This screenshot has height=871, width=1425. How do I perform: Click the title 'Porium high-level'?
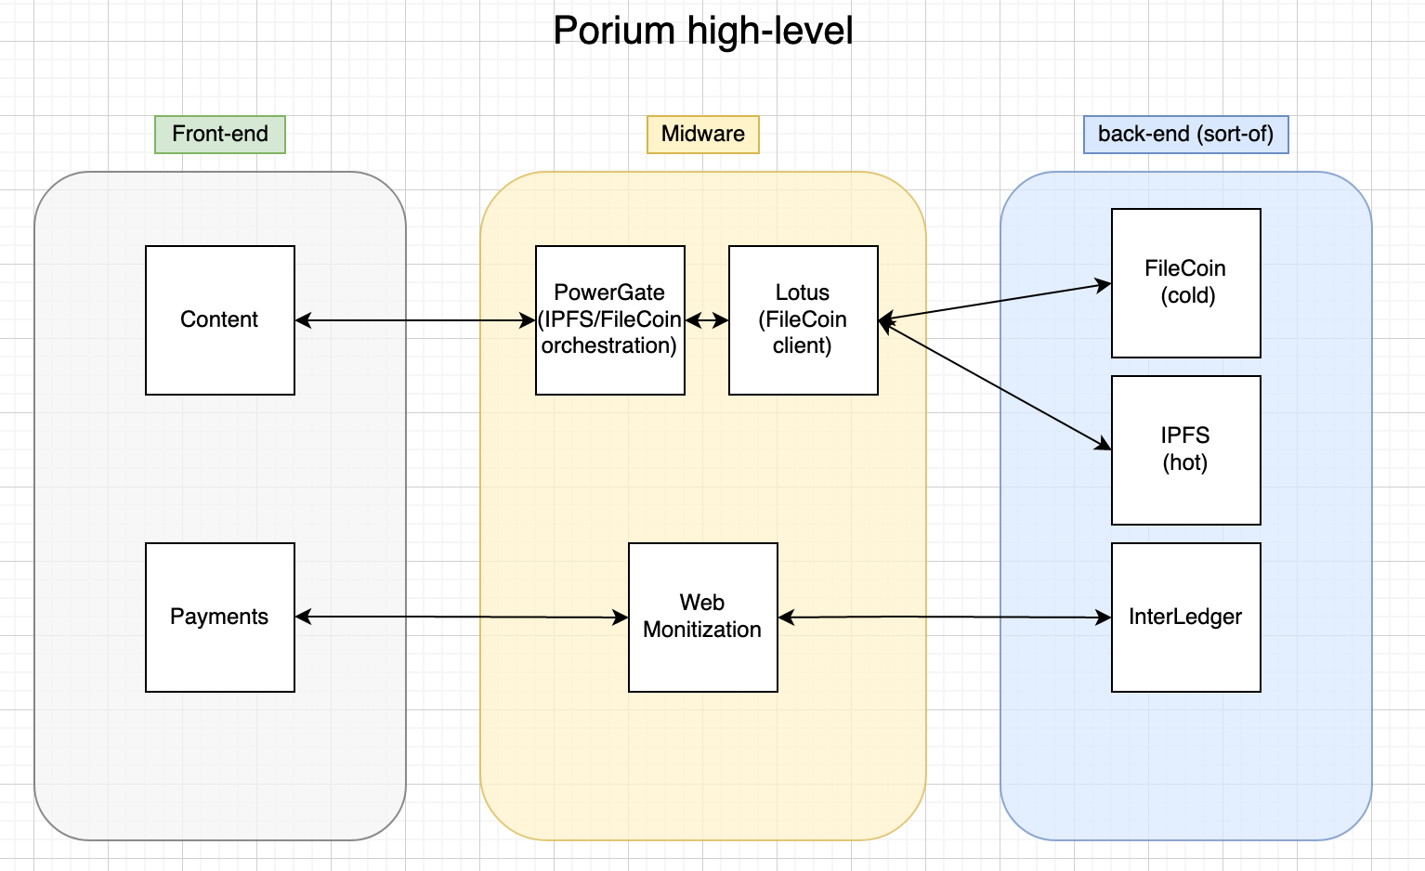(702, 31)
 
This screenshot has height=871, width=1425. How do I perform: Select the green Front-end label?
(220, 134)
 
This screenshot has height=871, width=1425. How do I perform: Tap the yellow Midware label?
(703, 134)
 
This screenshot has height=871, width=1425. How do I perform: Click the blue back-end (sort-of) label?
(1185, 134)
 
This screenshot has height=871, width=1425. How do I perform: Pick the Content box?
(220, 319)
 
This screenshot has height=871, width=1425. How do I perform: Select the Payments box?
(220, 617)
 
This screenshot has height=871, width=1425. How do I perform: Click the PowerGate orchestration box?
(609, 319)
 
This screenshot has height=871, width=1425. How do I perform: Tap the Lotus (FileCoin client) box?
(803, 319)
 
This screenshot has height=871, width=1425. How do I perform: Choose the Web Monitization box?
(702, 617)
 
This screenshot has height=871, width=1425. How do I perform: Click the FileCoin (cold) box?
(1185, 282)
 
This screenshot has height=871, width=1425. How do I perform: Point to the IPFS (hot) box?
(1185, 449)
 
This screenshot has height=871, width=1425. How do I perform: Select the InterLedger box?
(1185, 617)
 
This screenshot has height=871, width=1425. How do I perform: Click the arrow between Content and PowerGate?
(415, 320)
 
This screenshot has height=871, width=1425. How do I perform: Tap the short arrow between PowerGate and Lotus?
(707, 320)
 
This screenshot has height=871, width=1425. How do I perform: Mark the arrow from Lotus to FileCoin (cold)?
(994, 302)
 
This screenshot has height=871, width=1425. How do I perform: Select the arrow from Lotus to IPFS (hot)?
(994, 384)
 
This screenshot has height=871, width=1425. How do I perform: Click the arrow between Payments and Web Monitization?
(462, 617)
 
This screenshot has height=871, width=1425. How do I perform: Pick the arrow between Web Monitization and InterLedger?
(945, 617)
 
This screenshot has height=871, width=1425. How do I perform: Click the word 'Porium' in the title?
(614, 31)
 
